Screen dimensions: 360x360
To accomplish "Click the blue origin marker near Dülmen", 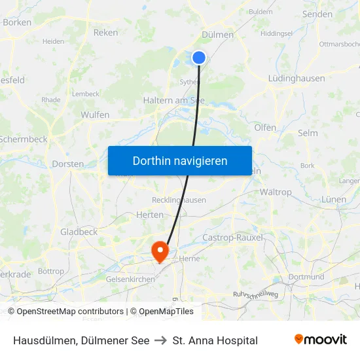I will (x=199, y=58).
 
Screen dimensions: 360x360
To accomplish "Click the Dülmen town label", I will (x=219, y=35).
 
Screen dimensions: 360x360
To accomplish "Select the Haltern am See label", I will (x=173, y=100).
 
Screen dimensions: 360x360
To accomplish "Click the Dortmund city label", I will (x=306, y=277).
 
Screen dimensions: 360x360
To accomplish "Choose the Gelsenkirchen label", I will (x=130, y=279).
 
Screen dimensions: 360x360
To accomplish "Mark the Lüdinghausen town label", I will (x=296, y=78).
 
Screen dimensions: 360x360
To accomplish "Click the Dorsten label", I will (x=67, y=164).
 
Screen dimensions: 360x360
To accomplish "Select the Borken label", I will (x=17, y=22).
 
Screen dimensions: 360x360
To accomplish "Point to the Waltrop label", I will (x=276, y=192).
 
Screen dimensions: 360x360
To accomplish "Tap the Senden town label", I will (x=317, y=14).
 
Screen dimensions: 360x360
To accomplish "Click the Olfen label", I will (x=265, y=128).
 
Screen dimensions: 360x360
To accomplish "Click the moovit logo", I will (x=320, y=339).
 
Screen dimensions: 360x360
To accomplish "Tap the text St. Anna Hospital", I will (x=215, y=340).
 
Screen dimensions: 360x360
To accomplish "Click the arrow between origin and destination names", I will (x=161, y=340).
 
